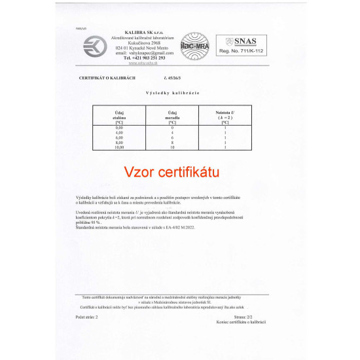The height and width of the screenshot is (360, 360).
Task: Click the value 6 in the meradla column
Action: coord(171,137)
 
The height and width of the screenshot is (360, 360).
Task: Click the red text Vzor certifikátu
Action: coord(171,171)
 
